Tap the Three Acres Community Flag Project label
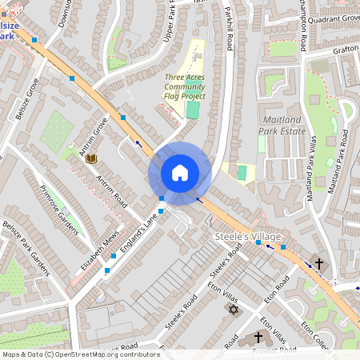185,86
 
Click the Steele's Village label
247,237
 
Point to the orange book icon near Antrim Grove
91,158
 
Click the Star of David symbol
234,309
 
